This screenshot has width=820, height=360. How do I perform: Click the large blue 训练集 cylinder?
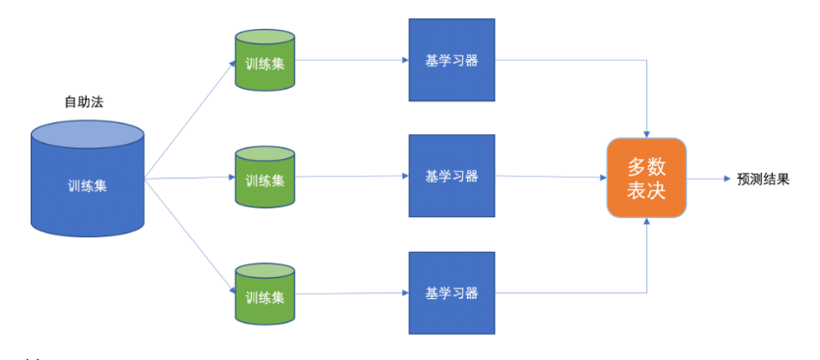tap(88, 179)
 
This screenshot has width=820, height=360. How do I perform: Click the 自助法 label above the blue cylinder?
tap(84, 102)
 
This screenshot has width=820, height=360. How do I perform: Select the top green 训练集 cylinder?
tap(264, 60)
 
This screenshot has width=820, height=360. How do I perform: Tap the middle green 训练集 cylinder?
tap(264, 177)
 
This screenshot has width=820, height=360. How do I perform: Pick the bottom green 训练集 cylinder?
tap(264, 294)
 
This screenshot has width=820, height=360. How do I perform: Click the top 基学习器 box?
tap(451, 60)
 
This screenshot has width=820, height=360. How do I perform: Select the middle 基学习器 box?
tap(451, 176)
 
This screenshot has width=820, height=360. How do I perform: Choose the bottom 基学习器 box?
tap(451, 293)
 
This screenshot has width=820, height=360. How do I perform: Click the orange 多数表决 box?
tap(646, 178)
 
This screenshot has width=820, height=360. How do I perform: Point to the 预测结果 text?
tap(763, 179)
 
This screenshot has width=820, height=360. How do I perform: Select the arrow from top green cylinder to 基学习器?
tap(352, 60)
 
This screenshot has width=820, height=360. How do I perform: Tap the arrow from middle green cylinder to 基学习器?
tap(352, 177)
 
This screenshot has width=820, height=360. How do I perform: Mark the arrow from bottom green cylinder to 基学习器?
tap(352, 293)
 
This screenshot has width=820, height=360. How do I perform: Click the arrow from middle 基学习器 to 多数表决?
tap(551, 177)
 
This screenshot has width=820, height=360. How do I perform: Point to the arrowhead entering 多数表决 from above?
tap(647, 134)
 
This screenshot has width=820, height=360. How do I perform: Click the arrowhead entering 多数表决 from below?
tap(647, 221)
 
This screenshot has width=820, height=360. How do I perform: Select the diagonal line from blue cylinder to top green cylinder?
tap(190, 120)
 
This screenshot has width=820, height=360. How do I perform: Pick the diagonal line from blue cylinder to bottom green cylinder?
tap(190, 236)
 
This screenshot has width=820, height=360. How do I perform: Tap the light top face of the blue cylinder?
tap(88, 133)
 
